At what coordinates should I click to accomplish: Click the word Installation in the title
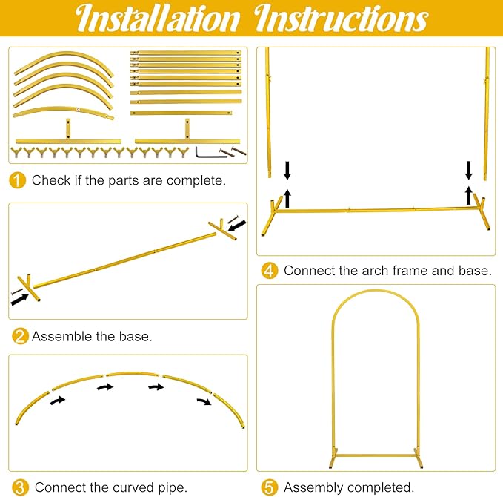point(158,18)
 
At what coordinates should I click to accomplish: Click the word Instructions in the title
point(341,18)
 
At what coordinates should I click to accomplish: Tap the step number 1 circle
point(17,180)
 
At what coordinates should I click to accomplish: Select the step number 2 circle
point(20,336)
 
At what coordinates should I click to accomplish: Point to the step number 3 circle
point(20,487)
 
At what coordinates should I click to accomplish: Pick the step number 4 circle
point(269,271)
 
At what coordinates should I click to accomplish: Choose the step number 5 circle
point(269,487)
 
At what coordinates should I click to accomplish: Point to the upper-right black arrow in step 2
point(237,226)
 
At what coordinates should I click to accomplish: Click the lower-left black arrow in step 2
point(19,300)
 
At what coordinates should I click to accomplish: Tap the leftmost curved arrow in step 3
point(58,401)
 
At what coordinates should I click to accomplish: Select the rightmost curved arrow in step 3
point(204,401)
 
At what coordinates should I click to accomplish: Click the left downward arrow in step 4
point(287,171)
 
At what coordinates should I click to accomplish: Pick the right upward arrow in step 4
point(469,195)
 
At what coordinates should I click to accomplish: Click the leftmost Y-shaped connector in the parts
point(16,152)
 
